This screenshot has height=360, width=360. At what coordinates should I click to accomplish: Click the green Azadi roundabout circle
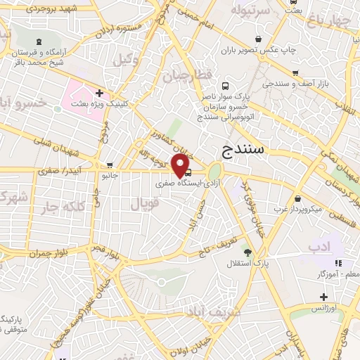[214, 172]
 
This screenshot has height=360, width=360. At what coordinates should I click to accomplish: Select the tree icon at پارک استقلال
[247, 252]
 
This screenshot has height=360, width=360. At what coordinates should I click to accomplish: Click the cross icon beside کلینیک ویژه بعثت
[100, 92]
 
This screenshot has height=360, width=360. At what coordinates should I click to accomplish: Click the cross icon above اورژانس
[323, 296]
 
